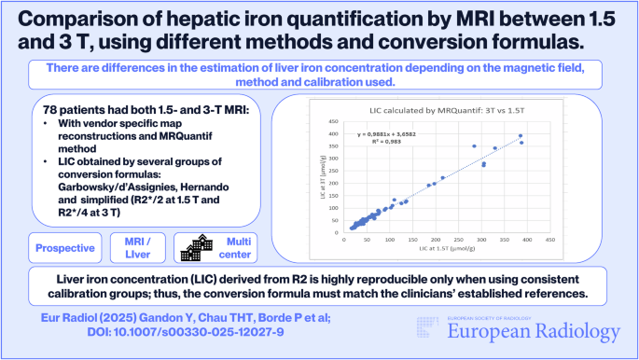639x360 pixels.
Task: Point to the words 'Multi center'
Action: coord(237,248)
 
